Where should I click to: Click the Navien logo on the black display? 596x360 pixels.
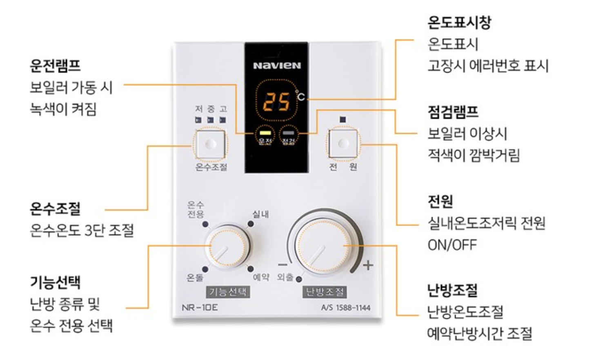pyautogui.click(x=277, y=65)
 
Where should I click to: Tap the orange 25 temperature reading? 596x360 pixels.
pyautogui.click(x=276, y=101)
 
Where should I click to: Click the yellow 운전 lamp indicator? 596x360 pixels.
pyautogui.click(x=265, y=133)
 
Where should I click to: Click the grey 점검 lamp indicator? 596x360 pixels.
pyautogui.click(x=289, y=133)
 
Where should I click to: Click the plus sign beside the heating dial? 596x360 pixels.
pyautogui.click(x=368, y=265)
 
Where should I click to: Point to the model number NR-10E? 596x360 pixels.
pyautogui.click(x=200, y=307)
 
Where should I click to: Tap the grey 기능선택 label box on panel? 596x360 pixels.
pyautogui.click(x=228, y=291)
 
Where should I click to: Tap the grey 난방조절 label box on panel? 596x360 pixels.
pyautogui.click(x=325, y=291)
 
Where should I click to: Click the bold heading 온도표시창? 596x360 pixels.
pyautogui.click(x=459, y=22)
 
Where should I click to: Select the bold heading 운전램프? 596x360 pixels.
pyautogui.click(x=55, y=65)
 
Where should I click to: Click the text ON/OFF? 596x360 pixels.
pyautogui.click(x=452, y=245)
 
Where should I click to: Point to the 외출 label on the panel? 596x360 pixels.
pyautogui.click(x=285, y=277)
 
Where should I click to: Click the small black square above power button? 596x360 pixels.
pyautogui.click(x=343, y=120)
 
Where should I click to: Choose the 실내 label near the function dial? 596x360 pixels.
pyautogui.click(x=260, y=214)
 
